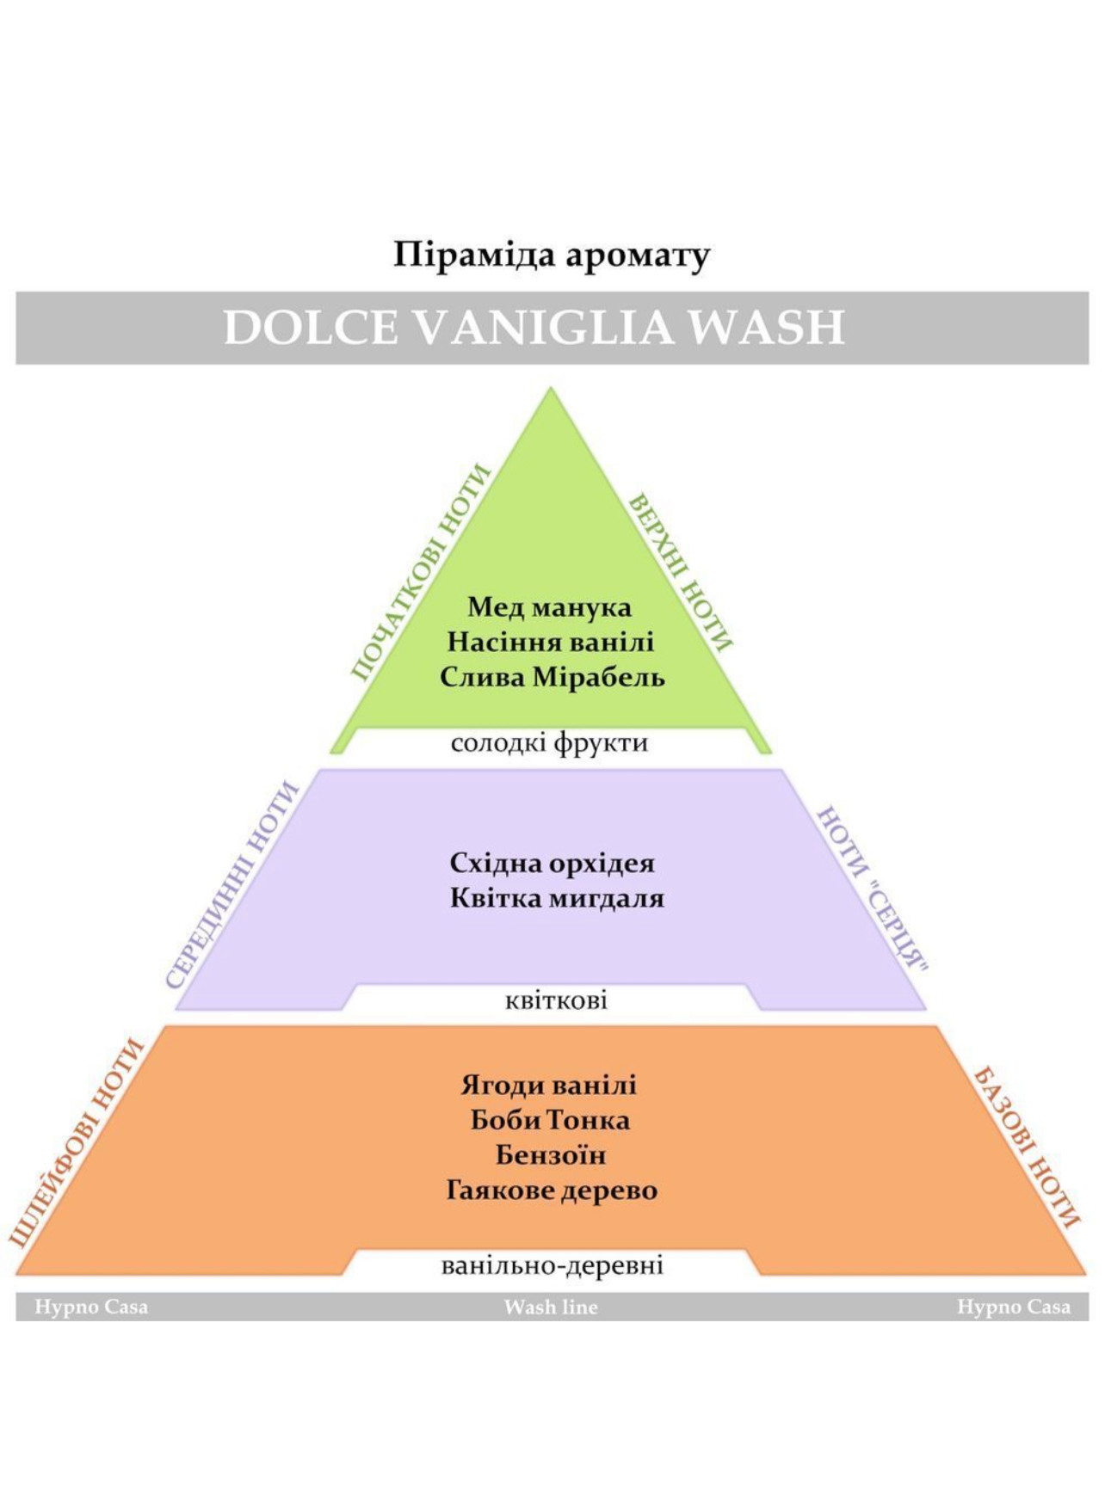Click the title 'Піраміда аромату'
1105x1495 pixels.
[552, 255]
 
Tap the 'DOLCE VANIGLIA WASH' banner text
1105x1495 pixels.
[534, 328]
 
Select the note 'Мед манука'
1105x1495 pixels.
[550, 607]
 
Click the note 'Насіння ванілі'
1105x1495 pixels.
[551, 642]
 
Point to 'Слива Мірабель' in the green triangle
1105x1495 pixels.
[552, 677]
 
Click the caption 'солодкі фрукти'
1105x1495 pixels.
[549, 742]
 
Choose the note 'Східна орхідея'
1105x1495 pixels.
[552, 863]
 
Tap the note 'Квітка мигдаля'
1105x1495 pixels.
[557, 899]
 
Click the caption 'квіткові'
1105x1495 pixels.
[556, 1000]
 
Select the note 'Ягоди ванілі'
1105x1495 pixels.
[549, 1085]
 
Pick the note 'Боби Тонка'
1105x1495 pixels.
[550, 1120]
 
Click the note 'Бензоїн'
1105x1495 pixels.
[551, 1154]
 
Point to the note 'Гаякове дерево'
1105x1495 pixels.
[552, 1190]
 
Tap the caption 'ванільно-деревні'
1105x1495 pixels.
[552, 1265]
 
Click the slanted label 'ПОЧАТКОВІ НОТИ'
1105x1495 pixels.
[420, 572]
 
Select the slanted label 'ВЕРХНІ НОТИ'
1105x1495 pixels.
[681, 573]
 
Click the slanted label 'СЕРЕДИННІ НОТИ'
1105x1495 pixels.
[231, 885]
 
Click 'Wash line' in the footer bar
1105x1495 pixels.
[551, 1307]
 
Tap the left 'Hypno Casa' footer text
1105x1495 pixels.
[91, 1307]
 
